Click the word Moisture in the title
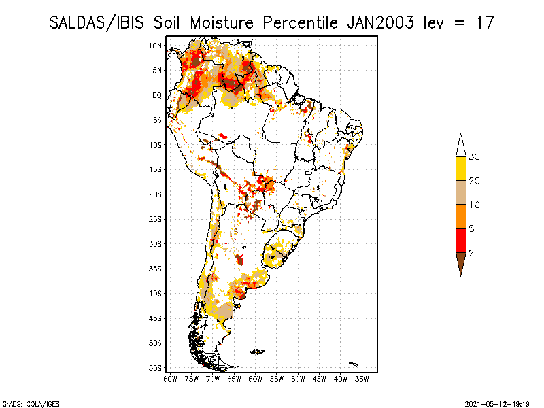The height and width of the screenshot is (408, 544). click(222, 23)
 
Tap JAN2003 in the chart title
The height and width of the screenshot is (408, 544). click(380, 23)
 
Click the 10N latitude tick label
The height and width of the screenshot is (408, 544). click(156, 46)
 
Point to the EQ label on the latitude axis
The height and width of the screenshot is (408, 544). click(157, 95)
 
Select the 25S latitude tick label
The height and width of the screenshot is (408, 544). click(156, 219)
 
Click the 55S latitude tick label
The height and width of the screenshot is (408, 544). click(156, 368)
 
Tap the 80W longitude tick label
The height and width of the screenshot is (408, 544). click(170, 379)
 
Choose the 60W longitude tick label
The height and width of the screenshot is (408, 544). click(256, 379)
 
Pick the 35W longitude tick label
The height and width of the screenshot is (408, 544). click(362, 379)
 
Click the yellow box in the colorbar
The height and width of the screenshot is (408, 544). click(461, 169)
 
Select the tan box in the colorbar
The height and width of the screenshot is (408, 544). click(461, 192)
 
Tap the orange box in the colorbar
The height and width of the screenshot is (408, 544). click(461, 216)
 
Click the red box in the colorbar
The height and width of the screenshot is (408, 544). click(461, 241)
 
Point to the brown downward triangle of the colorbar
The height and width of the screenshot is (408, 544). click(461, 261)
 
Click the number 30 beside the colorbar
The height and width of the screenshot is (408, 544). click(474, 157)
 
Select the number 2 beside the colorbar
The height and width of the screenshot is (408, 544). click(471, 253)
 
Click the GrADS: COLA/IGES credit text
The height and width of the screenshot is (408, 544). click(31, 404)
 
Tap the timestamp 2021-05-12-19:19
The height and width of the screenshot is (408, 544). click(497, 404)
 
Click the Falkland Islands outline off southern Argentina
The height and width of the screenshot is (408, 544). click(258, 352)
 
